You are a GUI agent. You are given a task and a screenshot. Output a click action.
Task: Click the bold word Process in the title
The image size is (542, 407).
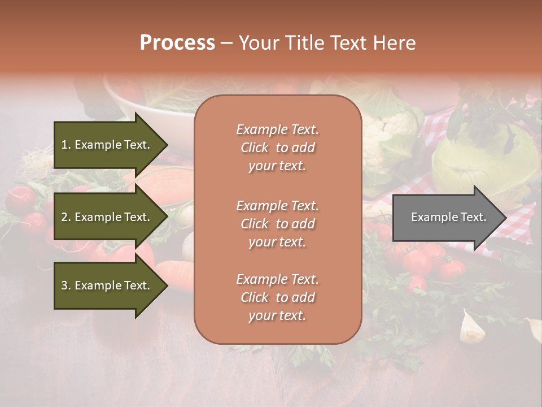tap(177, 43)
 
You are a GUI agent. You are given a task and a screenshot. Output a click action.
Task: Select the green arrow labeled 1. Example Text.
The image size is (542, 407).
tap(107, 145)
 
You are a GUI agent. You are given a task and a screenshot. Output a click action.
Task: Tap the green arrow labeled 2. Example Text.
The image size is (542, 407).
tap(107, 217)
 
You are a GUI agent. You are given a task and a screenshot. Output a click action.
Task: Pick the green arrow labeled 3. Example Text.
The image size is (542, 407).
tap(107, 285)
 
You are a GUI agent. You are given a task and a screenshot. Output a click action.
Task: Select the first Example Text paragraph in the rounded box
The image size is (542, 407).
tap(277, 148)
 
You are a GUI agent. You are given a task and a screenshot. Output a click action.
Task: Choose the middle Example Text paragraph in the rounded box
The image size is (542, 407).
tap(277, 224)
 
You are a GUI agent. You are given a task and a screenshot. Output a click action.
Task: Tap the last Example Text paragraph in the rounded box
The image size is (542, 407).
tap(277, 297)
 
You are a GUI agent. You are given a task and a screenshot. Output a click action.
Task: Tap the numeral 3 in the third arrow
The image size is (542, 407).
tap(64, 285)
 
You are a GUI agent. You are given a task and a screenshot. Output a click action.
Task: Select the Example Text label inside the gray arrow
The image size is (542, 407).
tap(448, 217)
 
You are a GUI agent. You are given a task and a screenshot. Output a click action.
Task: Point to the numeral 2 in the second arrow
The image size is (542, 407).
tap(64, 217)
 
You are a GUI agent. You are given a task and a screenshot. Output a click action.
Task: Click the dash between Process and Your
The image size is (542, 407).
tap(226, 44)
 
